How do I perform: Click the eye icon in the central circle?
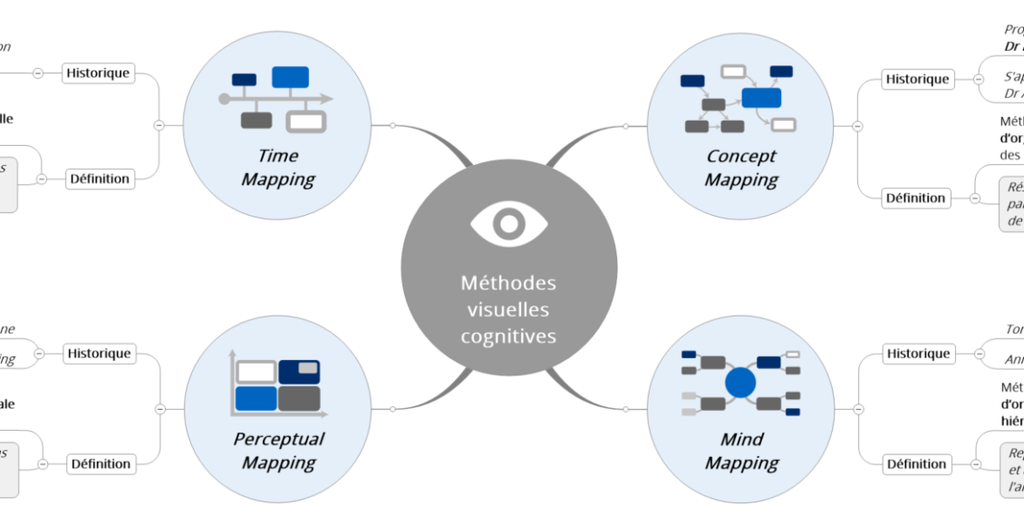click(x=508, y=223)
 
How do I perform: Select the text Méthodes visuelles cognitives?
click(x=508, y=309)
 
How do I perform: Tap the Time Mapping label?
click(x=277, y=168)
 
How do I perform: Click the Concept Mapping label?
click(x=741, y=168)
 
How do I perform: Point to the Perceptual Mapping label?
click(x=278, y=451)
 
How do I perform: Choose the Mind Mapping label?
click(x=741, y=451)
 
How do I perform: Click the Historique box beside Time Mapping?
click(x=99, y=73)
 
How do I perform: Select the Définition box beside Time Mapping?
click(x=100, y=179)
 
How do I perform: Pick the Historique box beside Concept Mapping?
click(x=917, y=79)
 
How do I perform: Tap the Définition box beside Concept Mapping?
click(x=916, y=198)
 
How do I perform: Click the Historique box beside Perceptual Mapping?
click(x=99, y=354)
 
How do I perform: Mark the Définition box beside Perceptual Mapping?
click(x=100, y=463)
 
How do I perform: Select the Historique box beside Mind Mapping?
click(x=918, y=354)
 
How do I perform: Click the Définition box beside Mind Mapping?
click(x=916, y=464)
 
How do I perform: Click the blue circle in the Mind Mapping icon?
click(x=740, y=383)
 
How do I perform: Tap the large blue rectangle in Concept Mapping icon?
click(x=761, y=98)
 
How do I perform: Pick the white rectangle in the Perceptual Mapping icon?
click(x=256, y=372)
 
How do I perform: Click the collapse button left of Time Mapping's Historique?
click(x=38, y=73)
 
